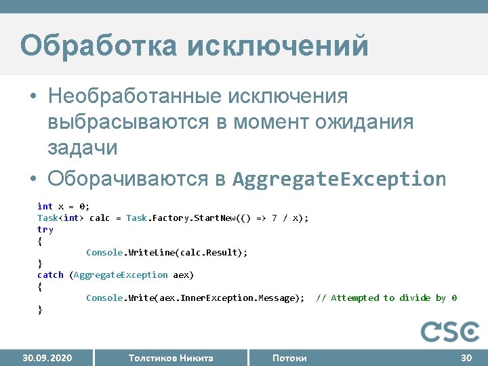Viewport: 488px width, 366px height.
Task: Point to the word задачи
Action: [x=83, y=147]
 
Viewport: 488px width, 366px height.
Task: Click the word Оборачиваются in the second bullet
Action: [x=129, y=179]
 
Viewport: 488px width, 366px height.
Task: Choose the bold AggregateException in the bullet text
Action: [x=339, y=180]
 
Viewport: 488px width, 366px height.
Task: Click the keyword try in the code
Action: [x=45, y=229]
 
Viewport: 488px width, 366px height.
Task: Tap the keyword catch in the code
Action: [x=50, y=274]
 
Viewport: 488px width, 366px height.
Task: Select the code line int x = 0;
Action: [x=63, y=206]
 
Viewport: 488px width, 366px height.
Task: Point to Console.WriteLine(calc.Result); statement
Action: [x=167, y=252]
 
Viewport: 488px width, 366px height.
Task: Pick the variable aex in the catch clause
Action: [x=183, y=274]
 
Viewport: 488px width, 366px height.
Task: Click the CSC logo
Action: [x=449, y=331]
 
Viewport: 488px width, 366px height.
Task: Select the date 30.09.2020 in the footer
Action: [x=47, y=358]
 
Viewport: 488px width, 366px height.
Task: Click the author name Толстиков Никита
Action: [x=170, y=358]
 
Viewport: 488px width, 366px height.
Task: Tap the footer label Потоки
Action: [x=289, y=358]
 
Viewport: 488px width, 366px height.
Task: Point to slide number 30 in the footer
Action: [x=466, y=358]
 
